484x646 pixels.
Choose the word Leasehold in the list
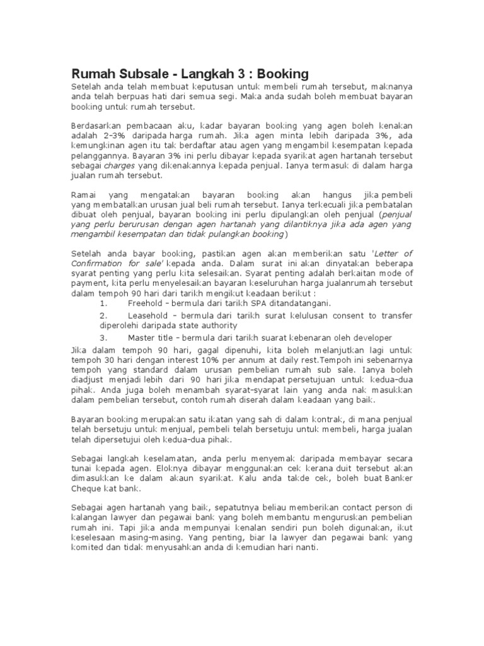click(x=149, y=315)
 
